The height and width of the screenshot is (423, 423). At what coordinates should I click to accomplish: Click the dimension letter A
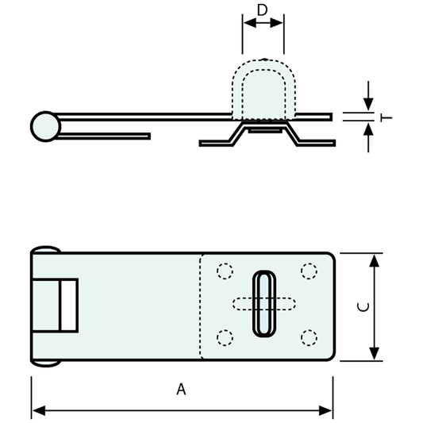[x=181, y=390]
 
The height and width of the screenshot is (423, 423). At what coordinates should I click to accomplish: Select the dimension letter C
[x=361, y=306]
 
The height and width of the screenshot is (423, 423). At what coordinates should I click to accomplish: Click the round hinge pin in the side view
[x=45, y=126]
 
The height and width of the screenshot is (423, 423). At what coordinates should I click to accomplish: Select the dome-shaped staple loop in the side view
[x=263, y=91]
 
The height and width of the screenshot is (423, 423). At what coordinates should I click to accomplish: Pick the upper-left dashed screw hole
[x=225, y=271]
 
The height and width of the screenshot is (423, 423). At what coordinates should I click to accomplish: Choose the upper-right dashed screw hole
[x=309, y=271]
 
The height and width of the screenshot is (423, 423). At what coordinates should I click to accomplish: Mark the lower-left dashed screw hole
[x=225, y=339]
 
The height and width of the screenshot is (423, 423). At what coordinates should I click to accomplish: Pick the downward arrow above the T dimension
[x=367, y=104]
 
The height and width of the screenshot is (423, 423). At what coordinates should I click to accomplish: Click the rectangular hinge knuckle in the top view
[x=67, y=306]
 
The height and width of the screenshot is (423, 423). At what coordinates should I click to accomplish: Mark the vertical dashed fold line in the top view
[x=201, y=306]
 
